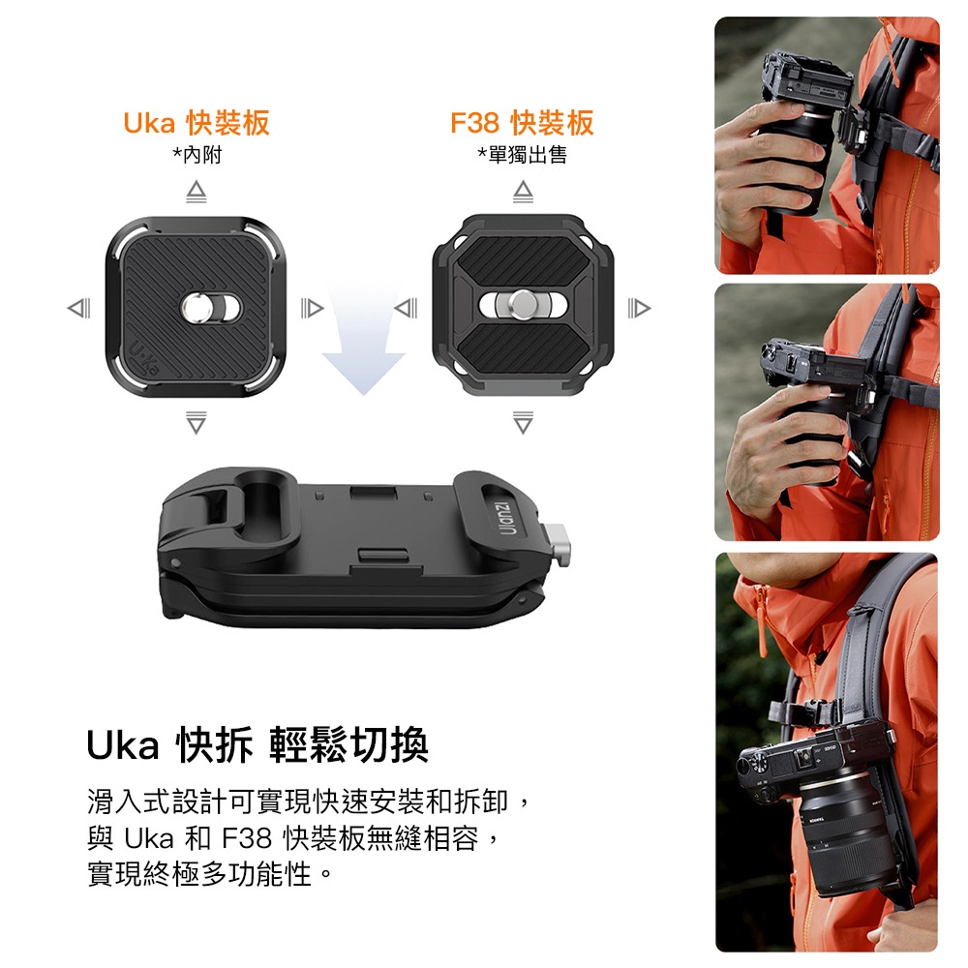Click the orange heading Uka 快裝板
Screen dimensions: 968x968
coord(197,123)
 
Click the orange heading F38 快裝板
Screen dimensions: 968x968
coord(522,123)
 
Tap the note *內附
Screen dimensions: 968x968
coord(197,155)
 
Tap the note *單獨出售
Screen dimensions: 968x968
coord(523,155)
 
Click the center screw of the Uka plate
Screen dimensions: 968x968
coord(197,307)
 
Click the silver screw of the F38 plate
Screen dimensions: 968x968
coord(523,304)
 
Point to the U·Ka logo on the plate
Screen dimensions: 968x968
coord(143,358)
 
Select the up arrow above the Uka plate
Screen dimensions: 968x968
coord(197,192)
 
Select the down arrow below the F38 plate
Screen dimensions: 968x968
coord(523,422)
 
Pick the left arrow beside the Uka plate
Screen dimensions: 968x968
coord(79,308)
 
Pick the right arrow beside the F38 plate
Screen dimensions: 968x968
coord(639,308)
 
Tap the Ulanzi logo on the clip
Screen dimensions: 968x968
coord(505,515)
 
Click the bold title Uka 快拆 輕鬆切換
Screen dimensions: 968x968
coord(257,745)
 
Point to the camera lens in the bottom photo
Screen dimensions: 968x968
coord(849,833)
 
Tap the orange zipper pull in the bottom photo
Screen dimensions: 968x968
coord(760,623)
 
